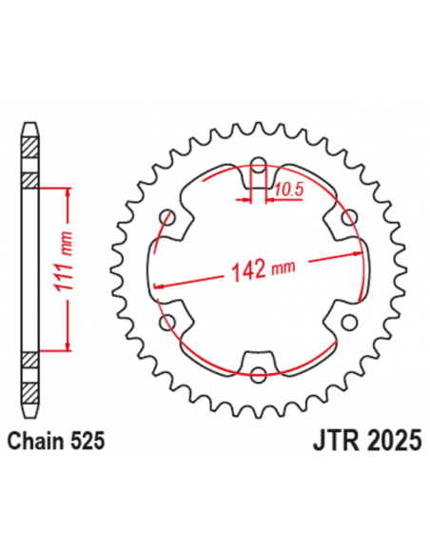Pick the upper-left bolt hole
coord(171,213)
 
